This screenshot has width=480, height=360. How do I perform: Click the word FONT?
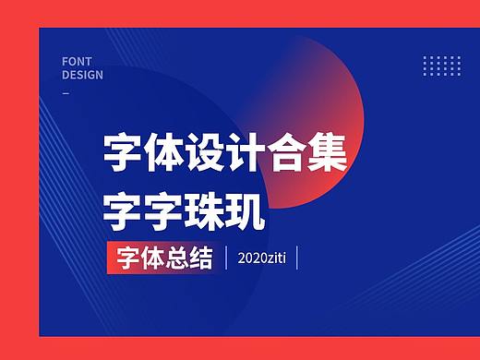point(77,61)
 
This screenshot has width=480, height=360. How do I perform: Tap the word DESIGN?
point(83,75)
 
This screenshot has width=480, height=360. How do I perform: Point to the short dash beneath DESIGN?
point(66,92)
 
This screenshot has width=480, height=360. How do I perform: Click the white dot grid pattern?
point(440,66)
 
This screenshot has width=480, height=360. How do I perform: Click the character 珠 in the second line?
point(203,209)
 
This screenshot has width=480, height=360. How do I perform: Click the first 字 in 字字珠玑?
point(122,209)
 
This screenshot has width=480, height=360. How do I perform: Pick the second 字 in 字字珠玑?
point(162,209)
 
